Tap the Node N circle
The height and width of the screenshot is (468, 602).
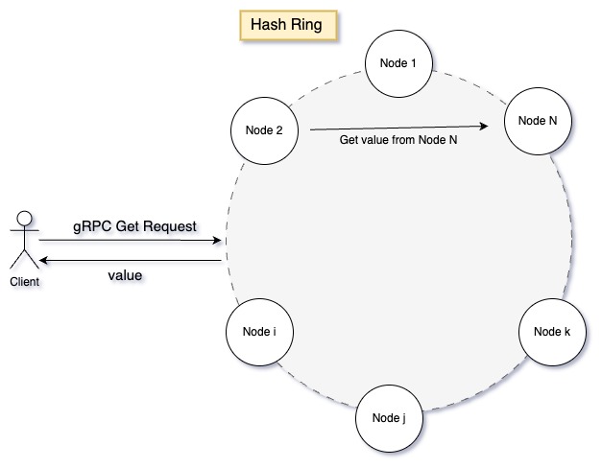click(x=538, y=122)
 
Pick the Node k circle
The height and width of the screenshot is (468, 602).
click(x=551, y=332)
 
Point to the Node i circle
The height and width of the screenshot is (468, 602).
click(x=258, y=332)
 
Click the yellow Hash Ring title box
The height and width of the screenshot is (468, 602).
click(x=286, y=24)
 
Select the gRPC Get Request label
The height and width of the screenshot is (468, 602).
click(x=135, y=226)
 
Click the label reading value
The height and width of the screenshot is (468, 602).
click(x=125, y=275)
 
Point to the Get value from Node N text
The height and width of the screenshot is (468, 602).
click(x=397, y=140)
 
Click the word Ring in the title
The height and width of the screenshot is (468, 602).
click(x=308, y=24)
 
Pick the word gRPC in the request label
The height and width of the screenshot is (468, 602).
click(x=93, y=226)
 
